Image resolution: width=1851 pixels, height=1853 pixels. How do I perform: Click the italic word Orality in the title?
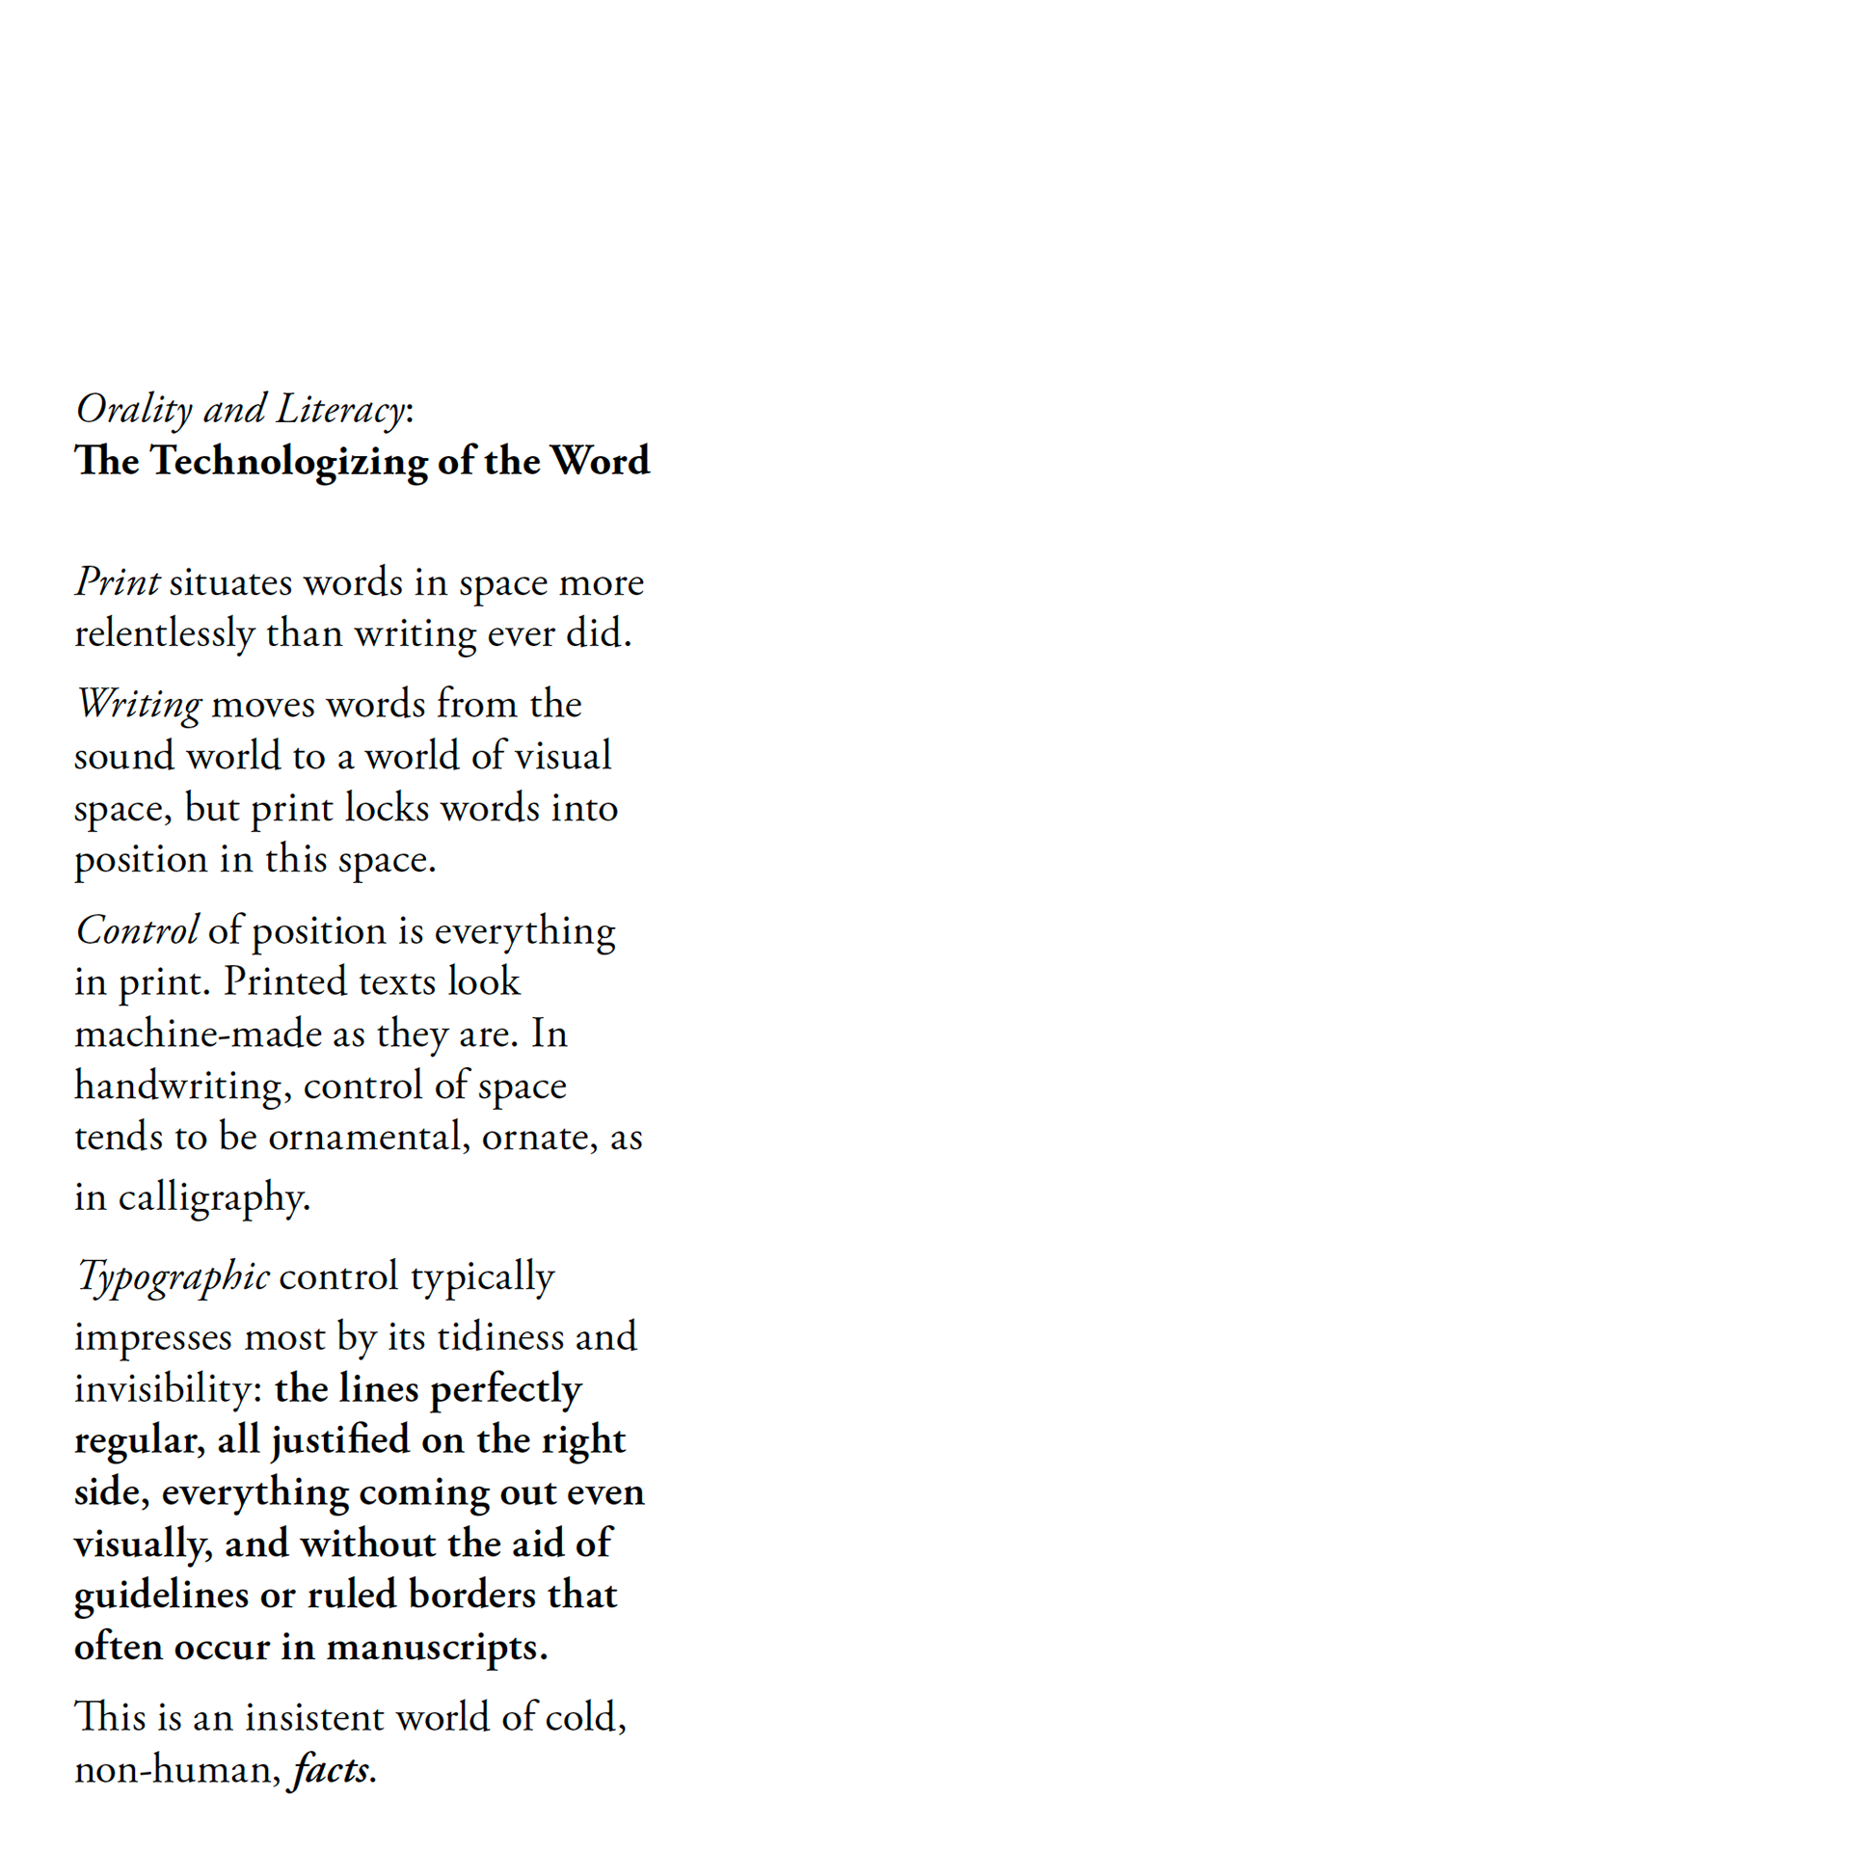pyautogui.click(x=134, y=410)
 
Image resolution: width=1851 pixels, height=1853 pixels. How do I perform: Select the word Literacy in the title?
pyautogui.click(x=340, y=410)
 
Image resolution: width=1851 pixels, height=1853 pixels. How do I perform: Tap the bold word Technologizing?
pyautogui.click(x=288, y=462)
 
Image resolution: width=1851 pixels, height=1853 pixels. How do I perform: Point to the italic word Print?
pyautogui.click(x=117, y=582)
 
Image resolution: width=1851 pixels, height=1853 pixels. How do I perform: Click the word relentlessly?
pyautogui.click(x=164, y=634)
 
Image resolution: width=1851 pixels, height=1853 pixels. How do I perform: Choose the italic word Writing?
pyautogui.click(x=139, y=705)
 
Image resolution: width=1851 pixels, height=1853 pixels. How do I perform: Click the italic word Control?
pyautogui.click(x=137, y=930)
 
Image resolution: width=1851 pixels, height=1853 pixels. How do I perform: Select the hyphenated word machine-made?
pyautogui.click(x=198, y=1034)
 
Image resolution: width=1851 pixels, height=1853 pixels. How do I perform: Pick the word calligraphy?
pyautogui.click(x=214, y=1198)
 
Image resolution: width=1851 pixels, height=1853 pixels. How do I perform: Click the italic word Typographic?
pyautogui.click(x=173, y=1276)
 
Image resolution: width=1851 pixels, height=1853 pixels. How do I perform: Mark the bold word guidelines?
pyautogui.click(x=161, y=1596)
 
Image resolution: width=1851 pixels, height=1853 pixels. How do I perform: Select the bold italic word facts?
pyautogui.click(x=332, y=1770)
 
